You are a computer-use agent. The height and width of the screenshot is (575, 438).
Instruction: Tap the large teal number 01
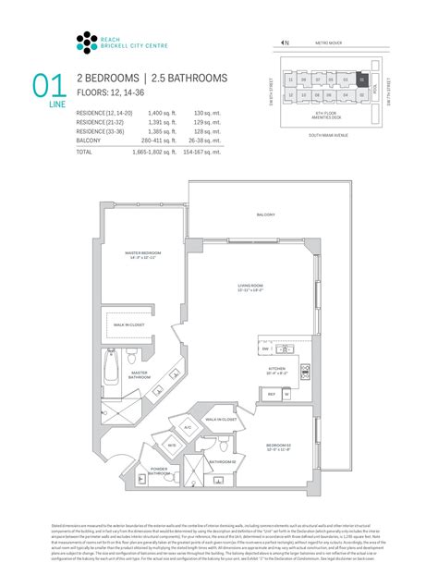coord(49,87)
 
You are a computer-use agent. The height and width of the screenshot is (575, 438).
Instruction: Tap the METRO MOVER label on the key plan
coord(330,43)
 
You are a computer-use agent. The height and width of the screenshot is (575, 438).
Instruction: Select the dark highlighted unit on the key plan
coord(362,80)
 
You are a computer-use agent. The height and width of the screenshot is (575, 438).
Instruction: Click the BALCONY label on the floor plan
coord(266,215)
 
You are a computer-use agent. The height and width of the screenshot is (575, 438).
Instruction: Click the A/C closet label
coord(187,428)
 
